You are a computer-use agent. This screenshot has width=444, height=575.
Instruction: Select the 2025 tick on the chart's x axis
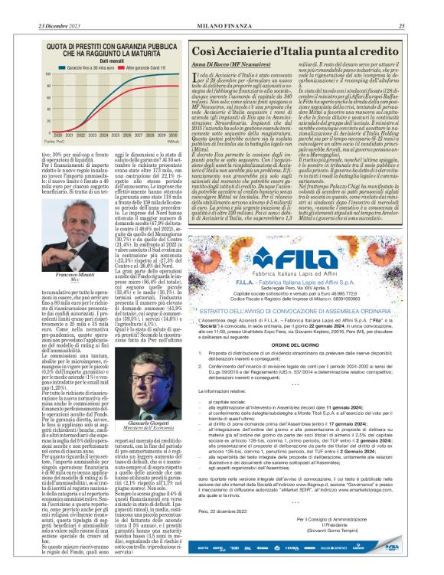(x=116, y=135)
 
